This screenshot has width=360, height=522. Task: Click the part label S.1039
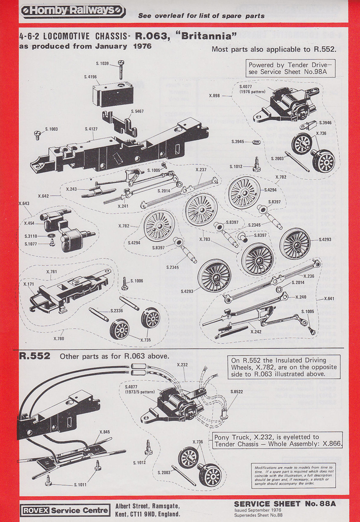[x=102, y=63]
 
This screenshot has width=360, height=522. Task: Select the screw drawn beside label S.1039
[x=122, y=67]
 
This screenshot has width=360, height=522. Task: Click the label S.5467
[x=137, y=111]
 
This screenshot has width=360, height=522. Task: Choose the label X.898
[x=214, y=95]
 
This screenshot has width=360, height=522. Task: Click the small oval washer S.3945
[x=256, y=141]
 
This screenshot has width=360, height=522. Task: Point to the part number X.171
[x=28, y=284]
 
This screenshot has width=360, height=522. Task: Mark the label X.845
[x=104, y=432]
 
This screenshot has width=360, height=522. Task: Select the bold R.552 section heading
[x=34, y=356]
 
